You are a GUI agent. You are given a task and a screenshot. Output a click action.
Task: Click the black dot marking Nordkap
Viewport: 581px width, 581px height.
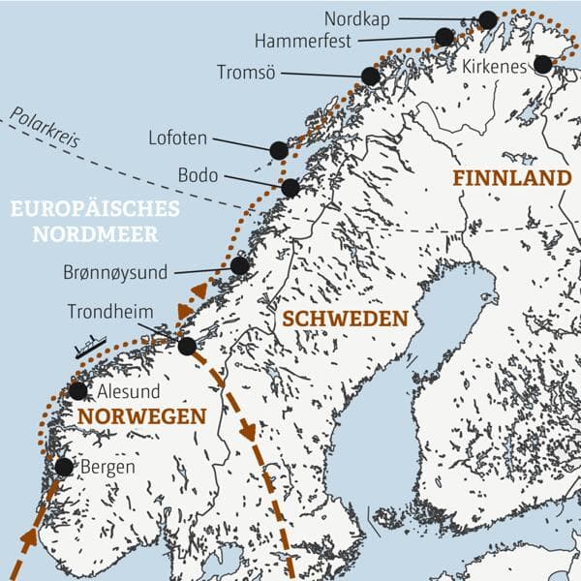(x=487, y=19)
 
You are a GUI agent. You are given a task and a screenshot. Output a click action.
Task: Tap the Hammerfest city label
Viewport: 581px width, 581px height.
(x=302, y=41)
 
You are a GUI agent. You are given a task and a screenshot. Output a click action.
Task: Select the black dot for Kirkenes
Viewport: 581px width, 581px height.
(x=542, y=64)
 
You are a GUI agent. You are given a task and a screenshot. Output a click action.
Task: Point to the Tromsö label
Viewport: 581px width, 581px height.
(x=250, y=73)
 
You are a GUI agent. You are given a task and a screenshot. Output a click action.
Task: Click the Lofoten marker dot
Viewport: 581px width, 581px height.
(x=279, y=150)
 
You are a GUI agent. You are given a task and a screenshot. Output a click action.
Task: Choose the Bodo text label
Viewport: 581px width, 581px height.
(x=199, y=176)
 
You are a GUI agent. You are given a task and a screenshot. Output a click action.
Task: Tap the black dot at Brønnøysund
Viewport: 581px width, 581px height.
(x=239, y=265)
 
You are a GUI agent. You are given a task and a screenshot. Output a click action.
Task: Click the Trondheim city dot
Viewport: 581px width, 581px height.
(x=187, y=346)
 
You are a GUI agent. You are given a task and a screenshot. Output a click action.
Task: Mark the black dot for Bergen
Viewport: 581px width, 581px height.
(x=64, y=467)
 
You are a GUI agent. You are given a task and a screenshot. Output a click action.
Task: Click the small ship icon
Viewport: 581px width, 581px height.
(x=89, y=344)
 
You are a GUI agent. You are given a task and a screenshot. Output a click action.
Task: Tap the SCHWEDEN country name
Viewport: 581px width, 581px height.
(x=343, y=319)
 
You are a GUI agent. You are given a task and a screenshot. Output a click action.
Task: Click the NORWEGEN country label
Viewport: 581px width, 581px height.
(x=142, y=416)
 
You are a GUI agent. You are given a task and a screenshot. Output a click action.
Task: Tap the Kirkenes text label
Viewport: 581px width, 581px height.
(x=494, y=66)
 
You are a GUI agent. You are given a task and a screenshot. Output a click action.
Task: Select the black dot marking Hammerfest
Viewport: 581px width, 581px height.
(x=444, y=37)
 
